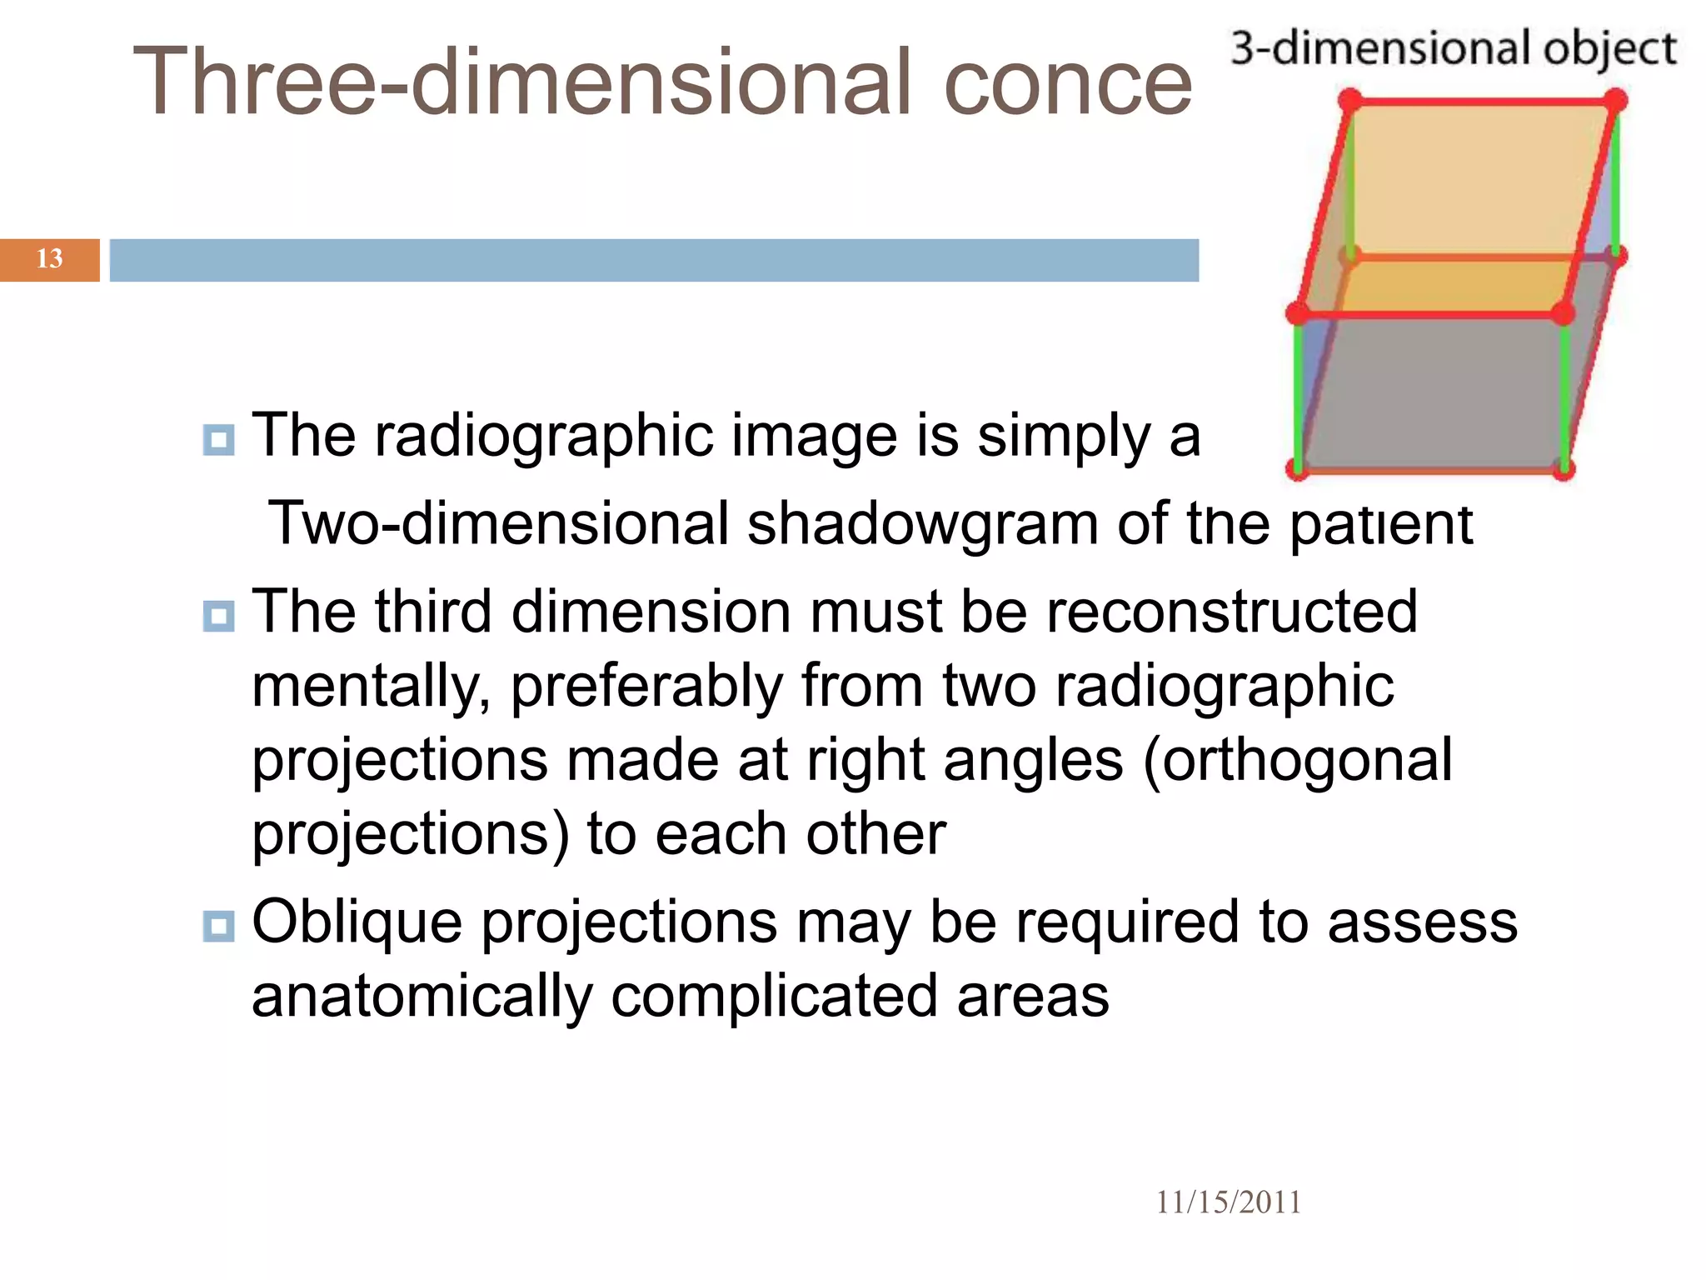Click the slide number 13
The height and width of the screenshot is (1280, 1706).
click(x=49, y=258)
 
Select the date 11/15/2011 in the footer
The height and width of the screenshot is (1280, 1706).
click(x=1228, y=1202)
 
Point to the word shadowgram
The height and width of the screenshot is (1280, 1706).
click(x=922, y=524)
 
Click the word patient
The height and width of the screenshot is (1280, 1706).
click(x=1381, y=524)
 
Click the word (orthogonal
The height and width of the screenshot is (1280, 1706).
click(x=1298, y=760)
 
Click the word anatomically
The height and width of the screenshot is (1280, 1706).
click(x=422, y=997)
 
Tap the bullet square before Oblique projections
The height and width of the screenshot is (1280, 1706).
click(x=218, y=926)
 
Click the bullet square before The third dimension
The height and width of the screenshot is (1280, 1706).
click(x=218, y=616)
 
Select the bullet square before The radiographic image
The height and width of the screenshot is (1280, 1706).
click(x=218, y=439)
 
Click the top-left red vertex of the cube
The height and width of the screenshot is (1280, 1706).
click(x=1351, y=102)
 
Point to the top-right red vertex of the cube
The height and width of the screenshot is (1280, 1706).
click(x=1614, y=101)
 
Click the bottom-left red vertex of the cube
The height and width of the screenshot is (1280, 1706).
click(x=1297, y=468)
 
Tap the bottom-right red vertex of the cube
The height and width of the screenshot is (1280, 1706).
click(x=1563, y=469)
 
